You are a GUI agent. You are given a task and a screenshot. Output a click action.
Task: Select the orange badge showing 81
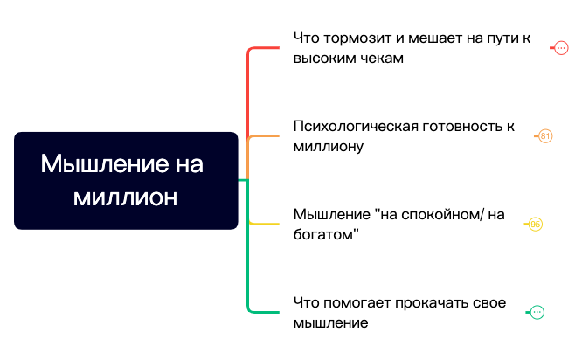pos(545,136)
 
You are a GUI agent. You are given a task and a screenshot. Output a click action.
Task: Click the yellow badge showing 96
pos(536,225)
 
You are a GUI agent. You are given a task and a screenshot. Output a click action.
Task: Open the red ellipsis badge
pos(561,48)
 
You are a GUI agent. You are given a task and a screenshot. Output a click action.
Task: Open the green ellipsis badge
pos(537,312)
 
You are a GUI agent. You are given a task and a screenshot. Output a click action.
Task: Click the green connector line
pos(249,262)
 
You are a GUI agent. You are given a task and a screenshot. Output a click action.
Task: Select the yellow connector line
pos(262,225)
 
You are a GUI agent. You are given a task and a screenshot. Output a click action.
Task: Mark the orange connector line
pos(262,136)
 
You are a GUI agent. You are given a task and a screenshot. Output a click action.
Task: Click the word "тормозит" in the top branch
pos(354,38)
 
